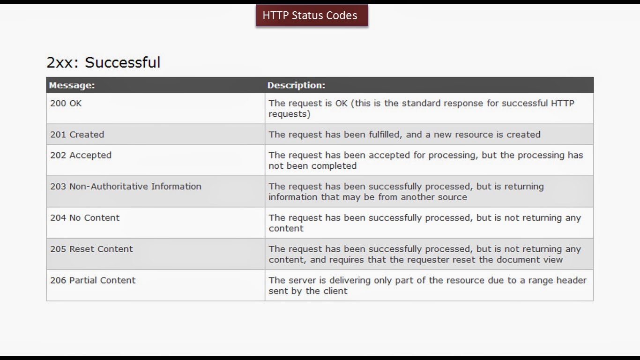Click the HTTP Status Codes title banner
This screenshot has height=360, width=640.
(x=312, y=15)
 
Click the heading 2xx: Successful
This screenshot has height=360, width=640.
(x=104, y=62)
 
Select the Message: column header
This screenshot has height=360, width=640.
(x=72, y=85)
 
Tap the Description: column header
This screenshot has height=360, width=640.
(x=296, y=85)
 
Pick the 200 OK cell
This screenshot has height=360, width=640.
(x=66, y=103)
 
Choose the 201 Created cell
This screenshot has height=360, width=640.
(x=77, y=135)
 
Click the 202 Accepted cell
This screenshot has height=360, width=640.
(x=81, y=155)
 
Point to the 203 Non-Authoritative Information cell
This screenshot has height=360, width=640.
(x=126, y=186)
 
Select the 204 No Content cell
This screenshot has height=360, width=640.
(x=85, y=217)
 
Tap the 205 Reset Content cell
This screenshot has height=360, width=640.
(x=91, y=249)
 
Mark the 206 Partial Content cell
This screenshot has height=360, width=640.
(x=93, y=280)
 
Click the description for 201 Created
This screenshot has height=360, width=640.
(x=404, y=135)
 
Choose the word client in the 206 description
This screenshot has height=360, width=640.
(x=335, y=291)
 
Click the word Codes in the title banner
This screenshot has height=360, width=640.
(x=342, y=15)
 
